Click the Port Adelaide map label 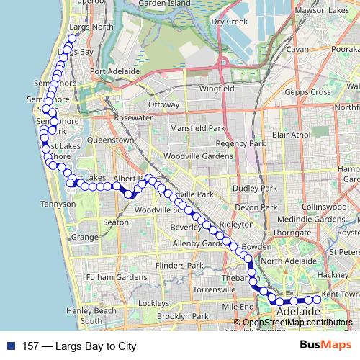114,71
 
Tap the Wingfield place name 217,89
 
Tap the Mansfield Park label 197,128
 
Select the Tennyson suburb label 60,204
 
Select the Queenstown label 111,140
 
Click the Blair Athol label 292,135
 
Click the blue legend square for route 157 10,346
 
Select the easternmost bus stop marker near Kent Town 317,300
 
